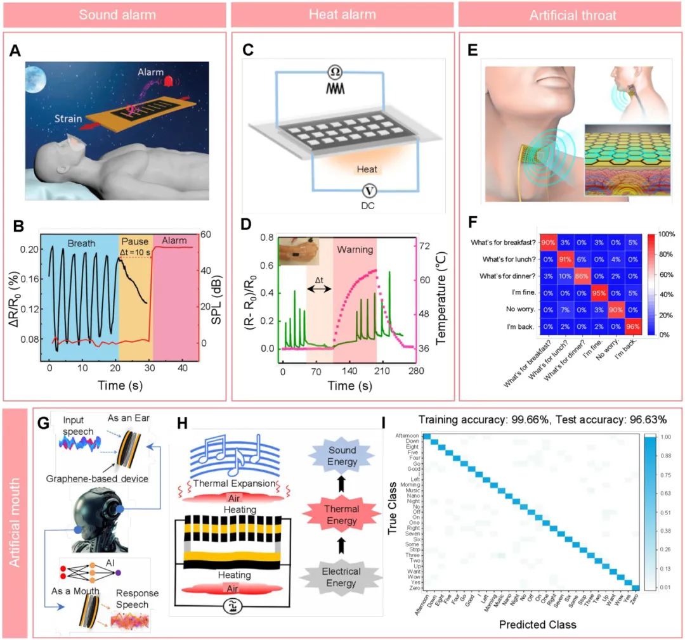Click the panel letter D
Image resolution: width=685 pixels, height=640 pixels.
pyautogui.click(x=245, y=223)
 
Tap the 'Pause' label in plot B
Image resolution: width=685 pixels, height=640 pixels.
pyautogui.click(x=135, y=241)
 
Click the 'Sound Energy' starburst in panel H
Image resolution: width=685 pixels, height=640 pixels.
pyautogui.click(x=342, y=456)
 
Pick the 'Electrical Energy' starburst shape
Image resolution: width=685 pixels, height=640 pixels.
pyautogui.click(x=342, y=577)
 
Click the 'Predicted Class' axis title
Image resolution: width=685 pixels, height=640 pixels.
pyautogui.click(x=537, y=624)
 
